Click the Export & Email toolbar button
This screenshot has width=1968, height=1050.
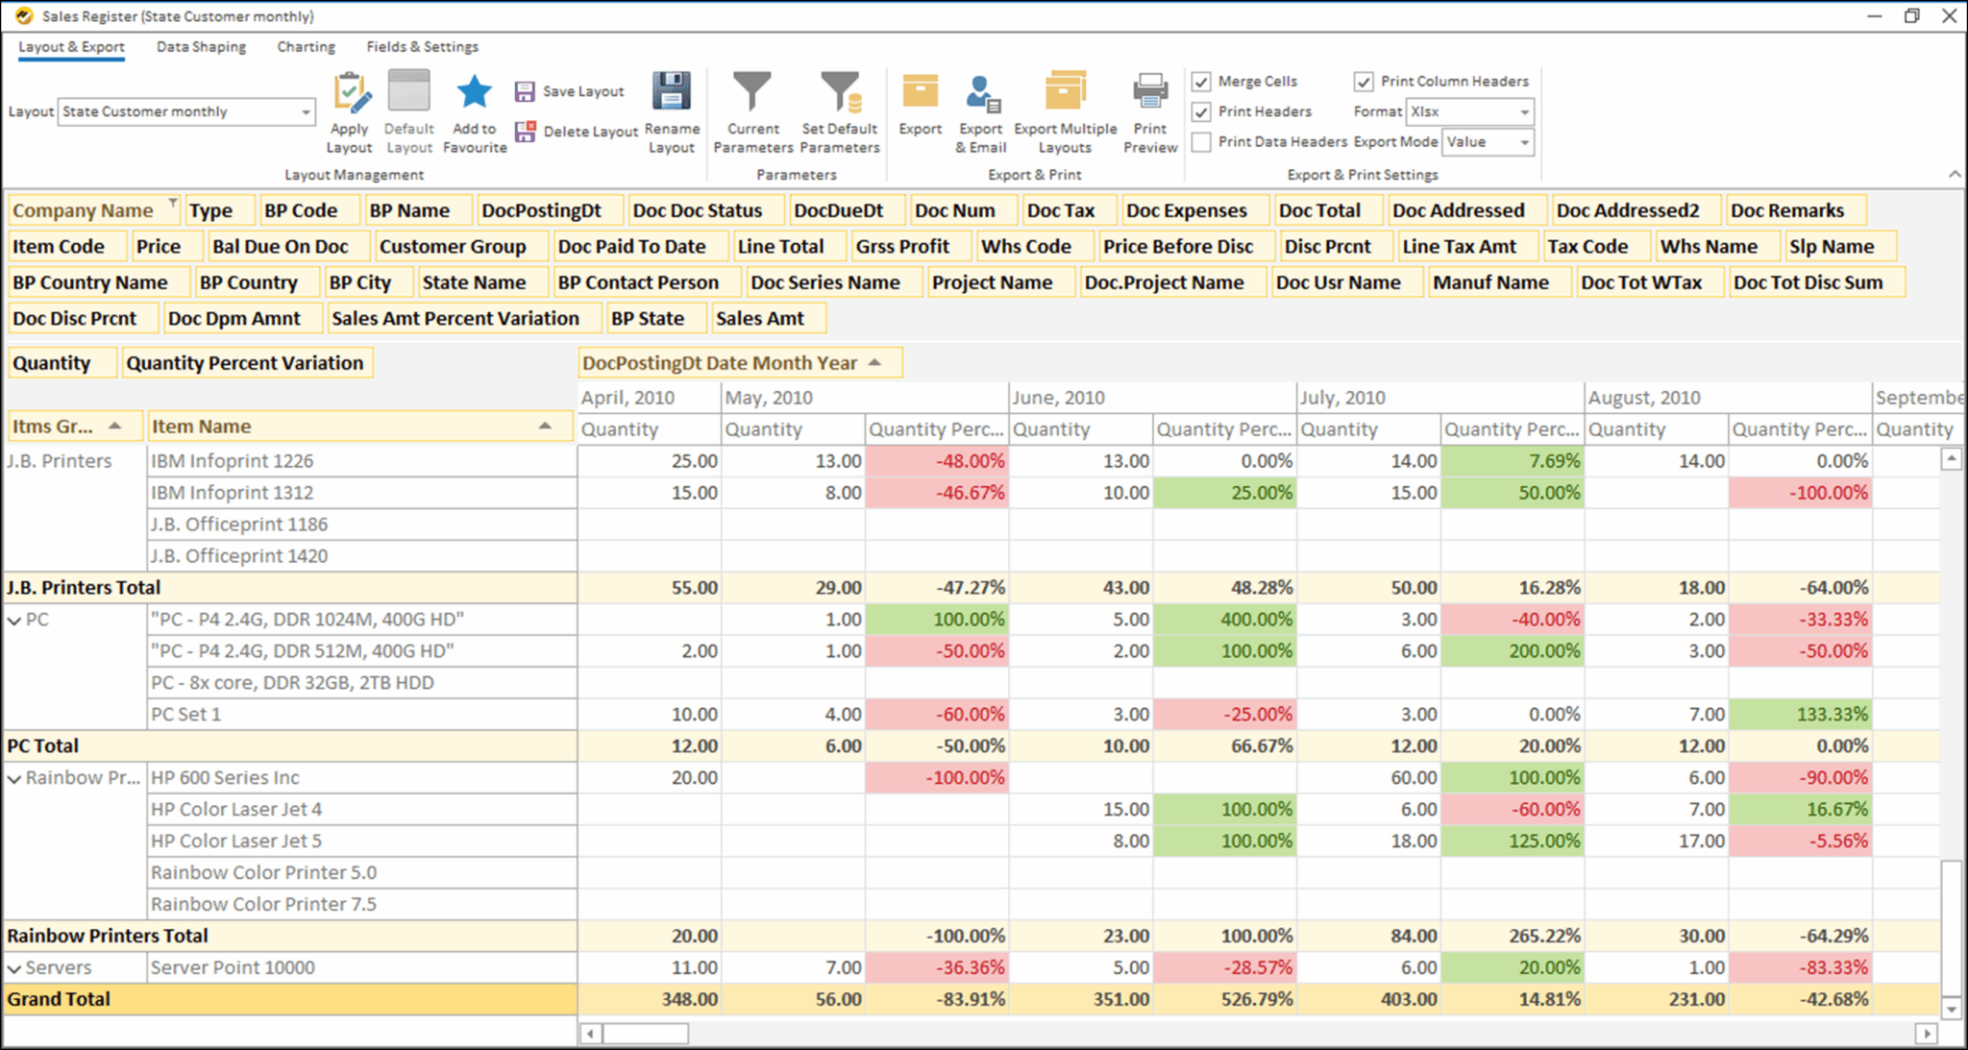980,113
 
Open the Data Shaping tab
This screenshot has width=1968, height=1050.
201,46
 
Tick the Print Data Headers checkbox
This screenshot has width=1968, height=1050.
1201,142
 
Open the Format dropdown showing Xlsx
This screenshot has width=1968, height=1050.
1469,111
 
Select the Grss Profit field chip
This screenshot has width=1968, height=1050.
902,246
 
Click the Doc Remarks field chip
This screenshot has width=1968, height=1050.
1786,210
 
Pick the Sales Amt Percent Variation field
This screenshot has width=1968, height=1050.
455,318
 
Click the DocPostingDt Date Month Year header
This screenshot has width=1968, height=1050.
720,363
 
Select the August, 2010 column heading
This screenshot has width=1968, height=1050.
1644,397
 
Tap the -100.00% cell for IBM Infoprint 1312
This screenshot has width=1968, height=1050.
1799,493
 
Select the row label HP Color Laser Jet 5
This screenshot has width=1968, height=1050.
236,841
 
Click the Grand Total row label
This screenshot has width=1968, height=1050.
59,999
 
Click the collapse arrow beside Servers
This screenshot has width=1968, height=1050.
14,968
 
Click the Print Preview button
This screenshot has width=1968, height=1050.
1149,113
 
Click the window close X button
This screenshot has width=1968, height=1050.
1949,15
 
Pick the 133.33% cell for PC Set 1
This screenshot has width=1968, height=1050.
1799,715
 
